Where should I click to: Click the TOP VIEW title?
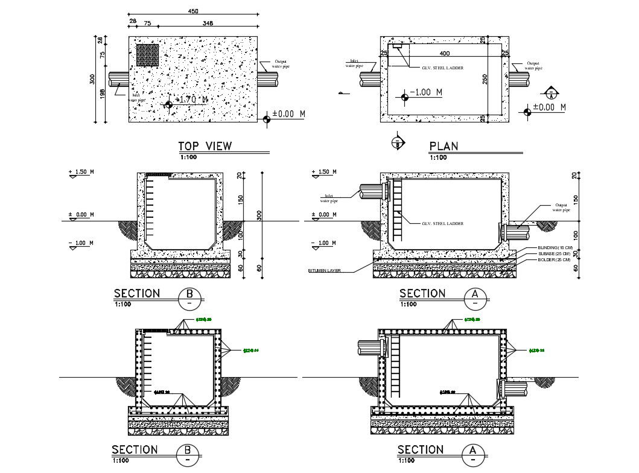click(205, 146)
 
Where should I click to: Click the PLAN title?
click(443, 146)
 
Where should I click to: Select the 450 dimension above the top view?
click(193, 11)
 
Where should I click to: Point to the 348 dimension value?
click(208, 24)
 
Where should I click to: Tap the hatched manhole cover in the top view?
click(147, 55)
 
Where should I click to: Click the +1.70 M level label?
click(191, 100)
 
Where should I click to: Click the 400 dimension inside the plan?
click(445, 54)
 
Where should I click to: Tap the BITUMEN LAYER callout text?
click(325, 271)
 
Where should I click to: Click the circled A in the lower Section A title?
click(475, 452)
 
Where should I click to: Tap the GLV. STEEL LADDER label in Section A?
click(442, 223)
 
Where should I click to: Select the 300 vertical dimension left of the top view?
click(93, 80)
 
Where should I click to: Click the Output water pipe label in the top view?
click(282, 64)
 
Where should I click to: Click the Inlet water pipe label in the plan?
click(351, 63)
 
